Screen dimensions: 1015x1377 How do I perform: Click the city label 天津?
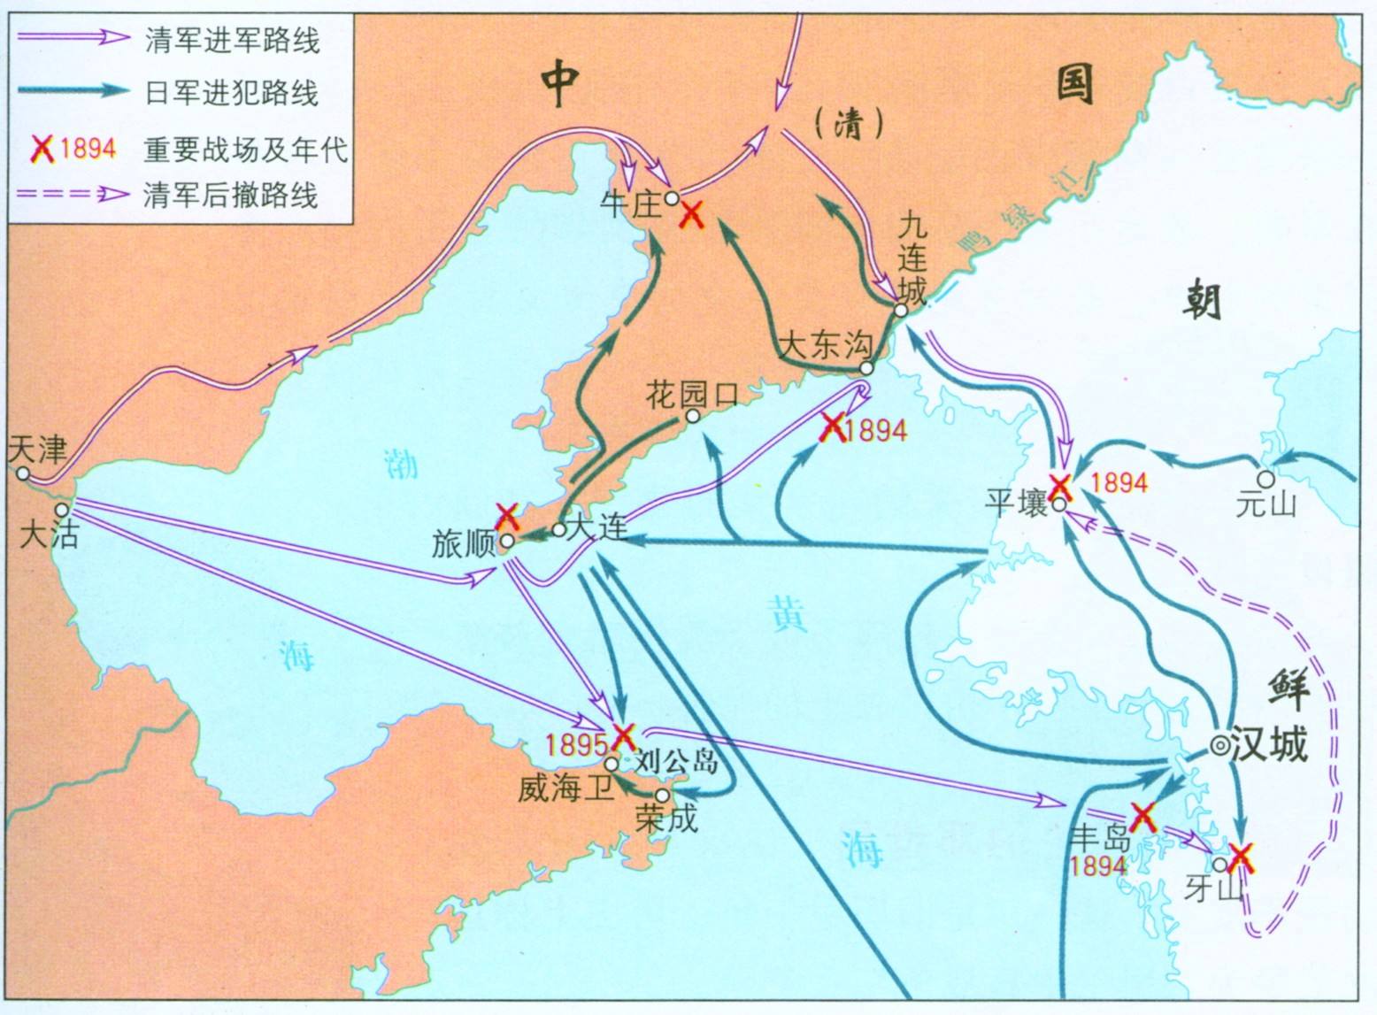(x=37, y=450)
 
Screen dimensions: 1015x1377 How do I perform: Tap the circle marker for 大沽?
(x=61, y=511)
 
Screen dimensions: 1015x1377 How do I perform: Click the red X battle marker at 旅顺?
(x=507, y=515)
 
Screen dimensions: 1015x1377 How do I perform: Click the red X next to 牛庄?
(x=691, y=213)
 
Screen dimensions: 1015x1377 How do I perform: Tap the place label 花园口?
(x=691, y=394)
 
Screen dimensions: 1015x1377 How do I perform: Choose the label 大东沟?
(x=825, y=345)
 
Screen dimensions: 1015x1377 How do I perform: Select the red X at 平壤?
(x=1060, y=486)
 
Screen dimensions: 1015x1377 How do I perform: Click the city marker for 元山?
(x=1265, y=479)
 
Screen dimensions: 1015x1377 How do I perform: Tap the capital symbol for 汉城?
(x=1219, y=746)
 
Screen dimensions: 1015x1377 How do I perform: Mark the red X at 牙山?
(x=1242, y=854)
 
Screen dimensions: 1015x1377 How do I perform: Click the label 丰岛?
(x=1100, y=836)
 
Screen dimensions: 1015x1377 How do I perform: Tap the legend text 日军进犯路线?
(x=231, y=92)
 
